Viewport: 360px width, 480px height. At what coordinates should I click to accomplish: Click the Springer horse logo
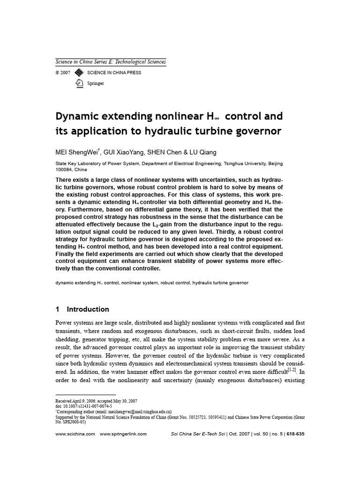pyautogui.click(x=79, y=83)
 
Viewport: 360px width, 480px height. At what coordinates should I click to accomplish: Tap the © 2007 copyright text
pyautogui.click(x=63, y=73)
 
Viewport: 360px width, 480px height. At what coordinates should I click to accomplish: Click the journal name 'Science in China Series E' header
pyautogui.click(x=111, y=62)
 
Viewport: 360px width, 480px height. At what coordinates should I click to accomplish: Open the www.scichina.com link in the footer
pyautogui.click(x=75, y=434)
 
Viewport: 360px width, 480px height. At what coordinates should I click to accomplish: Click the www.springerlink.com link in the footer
pyautogui.click(x=123, y=434)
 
